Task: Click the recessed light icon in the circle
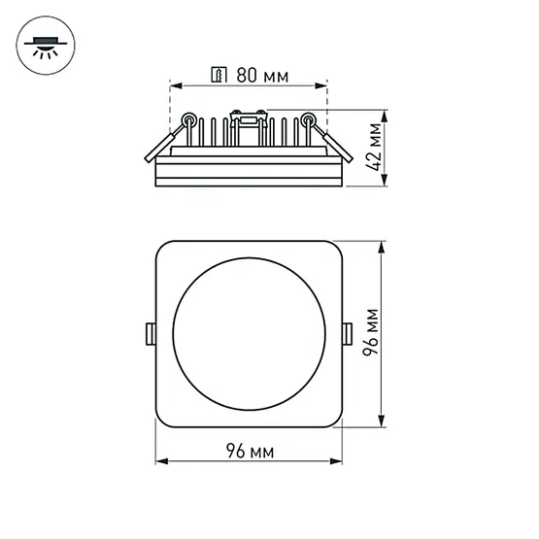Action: click(x=44, y=43)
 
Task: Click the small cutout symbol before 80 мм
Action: click(x=219, y=74)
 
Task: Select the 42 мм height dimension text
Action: click(x=373, y=146)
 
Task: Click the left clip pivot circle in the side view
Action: click(x=188, y=121)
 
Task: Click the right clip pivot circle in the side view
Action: click(x=308, y=121)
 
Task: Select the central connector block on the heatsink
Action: click(x=249, y=121)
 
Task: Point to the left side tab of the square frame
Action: click(x=151, y=332)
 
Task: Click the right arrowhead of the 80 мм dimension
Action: click(x=324, y=84)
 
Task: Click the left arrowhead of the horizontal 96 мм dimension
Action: click(x=162, y=462)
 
